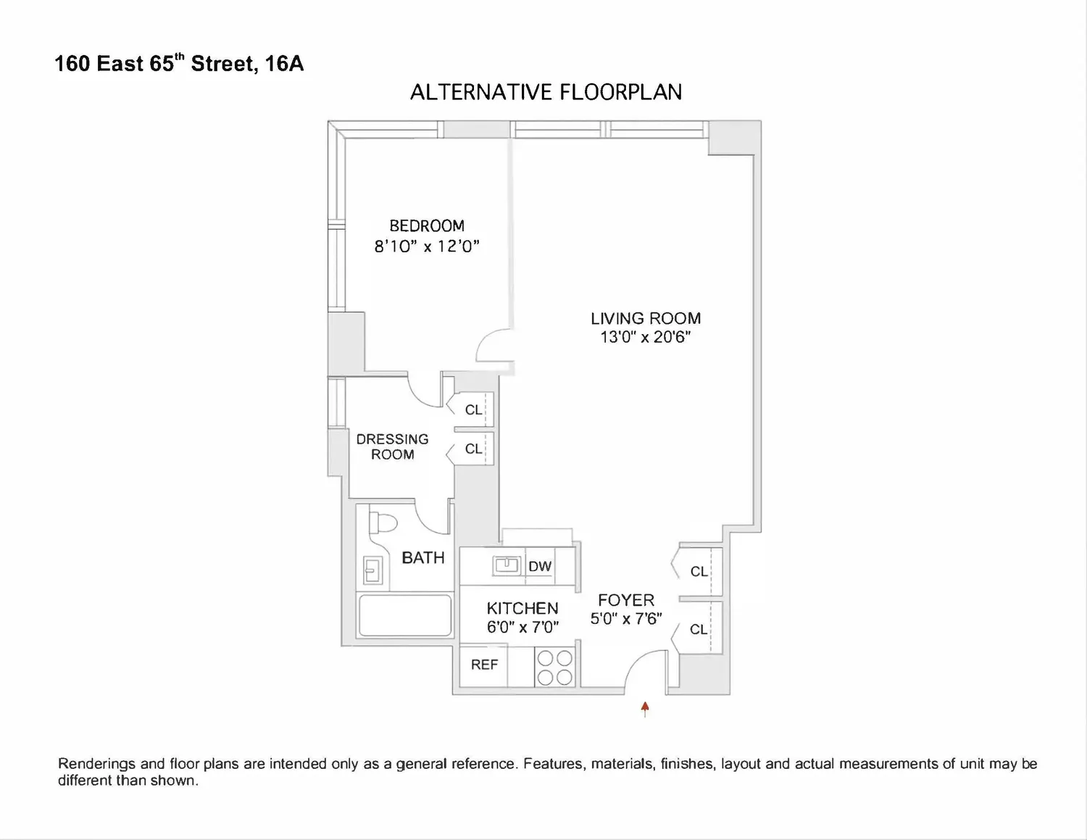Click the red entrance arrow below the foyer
pos(645,709)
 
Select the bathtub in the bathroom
pos(405,615)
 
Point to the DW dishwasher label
pos(540,566)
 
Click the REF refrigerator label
pos(484,665)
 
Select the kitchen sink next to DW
pos(507,565)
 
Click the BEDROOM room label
pos(427,226)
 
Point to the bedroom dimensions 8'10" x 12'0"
pos(427,246)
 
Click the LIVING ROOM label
pos(646,318)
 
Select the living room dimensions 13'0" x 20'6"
pos(646,337)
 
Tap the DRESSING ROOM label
pos(392,446)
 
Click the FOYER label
pos(626,600)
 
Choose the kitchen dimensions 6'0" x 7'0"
pos(522,628)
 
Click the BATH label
pos(423,557)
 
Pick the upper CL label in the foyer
pos(699,571)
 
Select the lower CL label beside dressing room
pos(473,449)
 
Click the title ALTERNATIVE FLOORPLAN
pos(546,92)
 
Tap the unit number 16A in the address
pos(284,64)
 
